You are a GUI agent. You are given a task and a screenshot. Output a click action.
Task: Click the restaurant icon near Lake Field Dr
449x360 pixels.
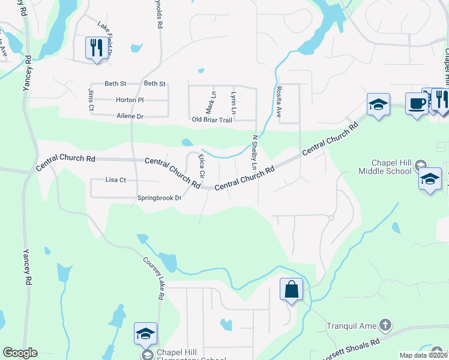(x=95, y=47)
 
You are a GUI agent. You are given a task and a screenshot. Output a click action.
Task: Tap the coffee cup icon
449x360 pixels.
(x=416, y=103)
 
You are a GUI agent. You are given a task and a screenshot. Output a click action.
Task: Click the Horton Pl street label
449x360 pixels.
(x=130, y=100)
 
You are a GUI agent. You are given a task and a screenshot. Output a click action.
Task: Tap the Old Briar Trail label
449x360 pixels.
(x=212, y=120)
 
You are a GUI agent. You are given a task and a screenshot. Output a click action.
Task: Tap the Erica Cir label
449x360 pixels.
(x=202, y=166)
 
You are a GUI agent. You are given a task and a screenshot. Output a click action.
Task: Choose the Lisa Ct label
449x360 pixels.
(x=115, y=179)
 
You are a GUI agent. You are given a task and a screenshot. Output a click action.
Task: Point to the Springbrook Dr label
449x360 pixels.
(x=159, y=197)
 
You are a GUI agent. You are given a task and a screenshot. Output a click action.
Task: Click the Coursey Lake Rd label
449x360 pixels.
(x=154, y=278)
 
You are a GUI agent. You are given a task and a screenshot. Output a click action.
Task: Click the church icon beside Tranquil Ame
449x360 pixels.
(x=385, y=326)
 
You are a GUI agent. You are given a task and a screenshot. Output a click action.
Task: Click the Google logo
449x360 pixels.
(x=20, y=353)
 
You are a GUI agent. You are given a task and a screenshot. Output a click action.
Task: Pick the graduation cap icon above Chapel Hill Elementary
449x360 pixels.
(x=145, y=333)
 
